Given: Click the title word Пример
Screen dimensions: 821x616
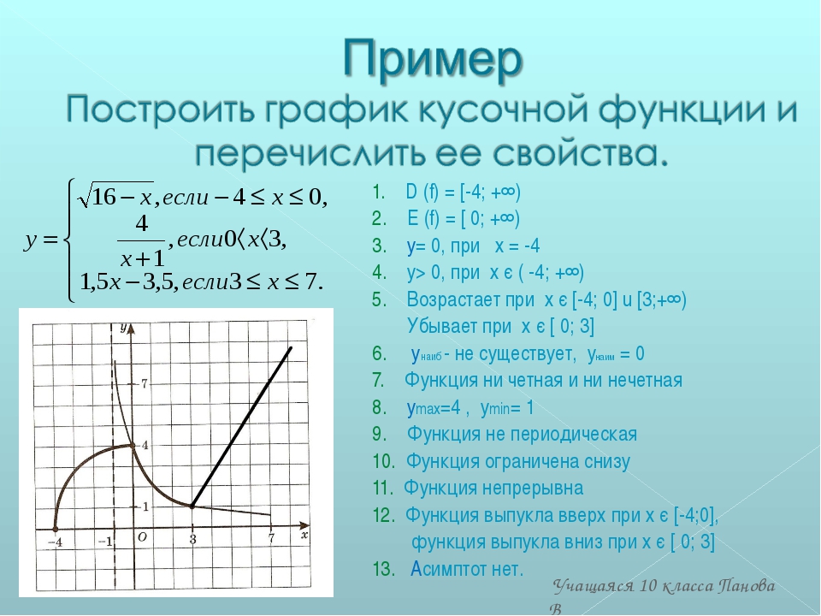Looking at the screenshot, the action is click(433, 59).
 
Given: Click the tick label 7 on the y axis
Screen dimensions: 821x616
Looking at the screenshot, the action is click(145, 384).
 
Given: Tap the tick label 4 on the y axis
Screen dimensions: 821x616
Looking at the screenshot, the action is click(145, 445).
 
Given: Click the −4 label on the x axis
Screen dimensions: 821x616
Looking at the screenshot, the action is click(55, 542).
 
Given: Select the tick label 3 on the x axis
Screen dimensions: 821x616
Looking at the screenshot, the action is click(192, 540).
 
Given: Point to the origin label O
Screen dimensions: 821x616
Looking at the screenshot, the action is click(142, 537).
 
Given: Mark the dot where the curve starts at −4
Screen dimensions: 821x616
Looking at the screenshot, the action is click(56, 529).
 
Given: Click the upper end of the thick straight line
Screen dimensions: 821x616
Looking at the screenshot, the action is click(291, 347).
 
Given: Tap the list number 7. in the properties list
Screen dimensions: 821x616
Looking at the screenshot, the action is click(379, 380).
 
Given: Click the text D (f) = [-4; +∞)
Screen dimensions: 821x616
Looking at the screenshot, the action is click(463, 192).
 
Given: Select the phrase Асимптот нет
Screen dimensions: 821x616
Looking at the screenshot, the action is click(467, 569).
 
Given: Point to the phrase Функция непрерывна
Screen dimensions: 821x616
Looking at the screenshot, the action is click(493, 489).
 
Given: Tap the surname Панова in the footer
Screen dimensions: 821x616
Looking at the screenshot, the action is click(747, 585).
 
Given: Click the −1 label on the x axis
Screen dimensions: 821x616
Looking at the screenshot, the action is click(106, 541).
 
